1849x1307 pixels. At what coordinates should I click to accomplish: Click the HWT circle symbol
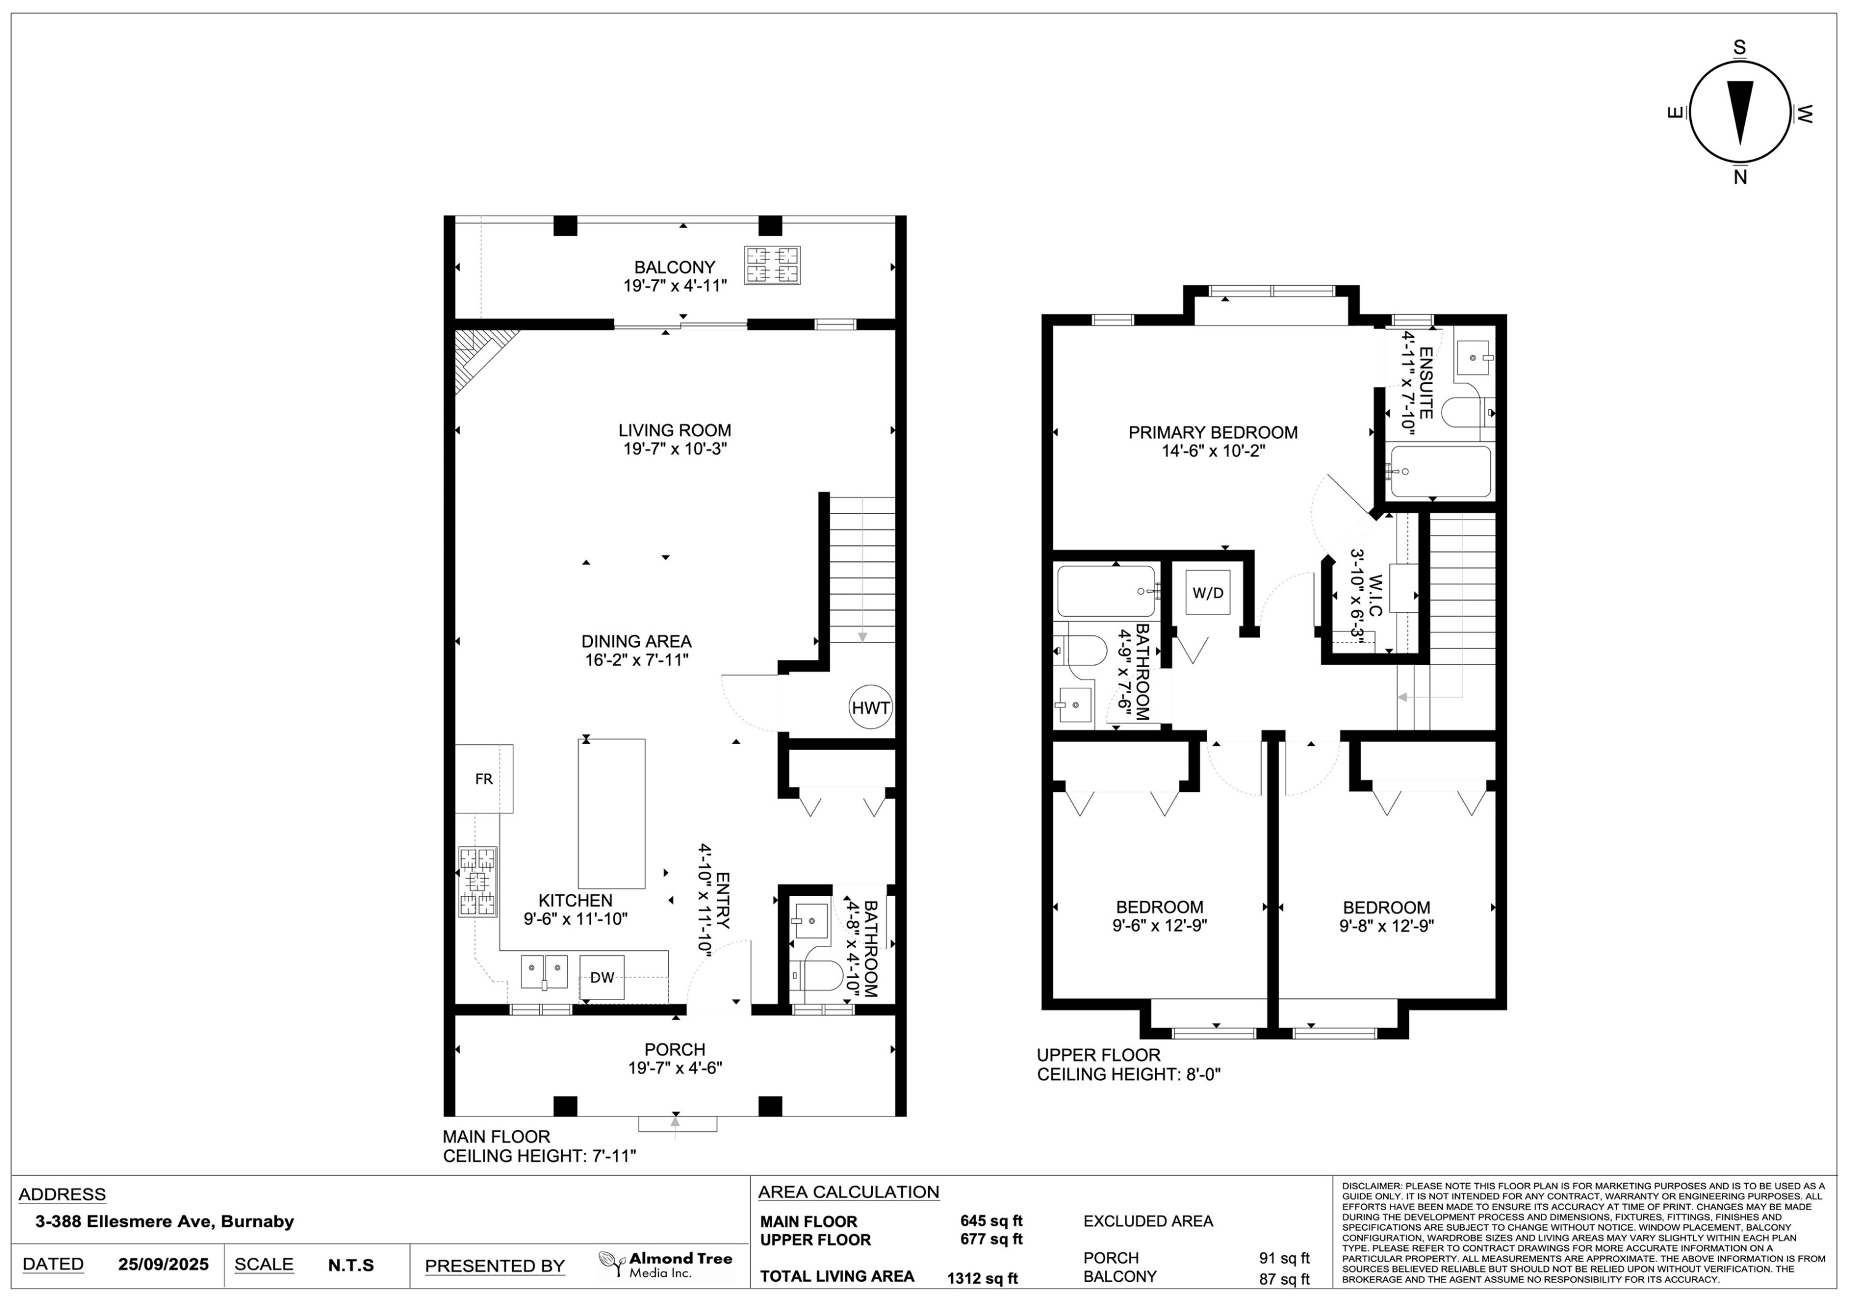[870, 708]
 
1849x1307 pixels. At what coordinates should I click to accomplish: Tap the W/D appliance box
[1207, 593]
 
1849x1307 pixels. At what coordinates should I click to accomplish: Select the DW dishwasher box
[602, 977]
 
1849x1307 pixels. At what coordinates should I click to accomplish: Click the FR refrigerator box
[484, 779]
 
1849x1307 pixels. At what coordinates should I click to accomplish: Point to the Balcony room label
[675, 267]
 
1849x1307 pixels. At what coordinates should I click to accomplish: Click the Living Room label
[675, 431]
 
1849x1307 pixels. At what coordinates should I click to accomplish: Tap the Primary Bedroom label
[1213, 433]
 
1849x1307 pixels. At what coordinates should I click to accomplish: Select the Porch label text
[675, 1049]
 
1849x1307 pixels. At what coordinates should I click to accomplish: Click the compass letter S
[1739, 47]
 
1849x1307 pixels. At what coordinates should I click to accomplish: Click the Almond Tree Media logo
[665, 1264]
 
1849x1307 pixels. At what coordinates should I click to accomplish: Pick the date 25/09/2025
[163, 1264]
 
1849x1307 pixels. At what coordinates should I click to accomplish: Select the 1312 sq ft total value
[982, 1278]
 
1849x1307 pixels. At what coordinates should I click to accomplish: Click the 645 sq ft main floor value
[991, 1221]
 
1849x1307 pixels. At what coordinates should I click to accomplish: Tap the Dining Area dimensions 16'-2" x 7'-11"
[637, 661]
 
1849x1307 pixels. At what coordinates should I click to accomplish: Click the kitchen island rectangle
[611, 813]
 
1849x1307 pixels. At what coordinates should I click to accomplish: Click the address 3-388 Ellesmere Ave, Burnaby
[165, 1221]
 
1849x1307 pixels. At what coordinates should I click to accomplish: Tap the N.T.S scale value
[351, 1265]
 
